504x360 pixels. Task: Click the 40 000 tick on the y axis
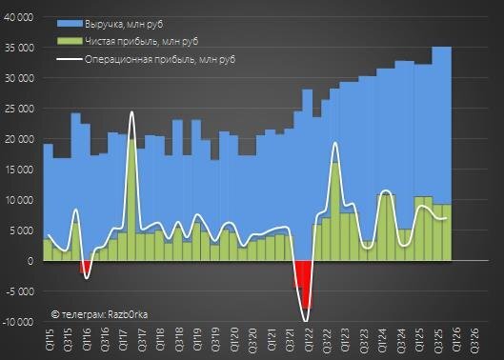tap(19, 17)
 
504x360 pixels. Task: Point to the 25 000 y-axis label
tap(19, 109)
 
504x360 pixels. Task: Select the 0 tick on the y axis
tap(30, 261)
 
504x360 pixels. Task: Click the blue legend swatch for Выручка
tap(70, 24)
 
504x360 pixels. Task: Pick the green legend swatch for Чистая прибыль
tap(70, 41)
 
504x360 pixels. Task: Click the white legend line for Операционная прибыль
tap(70, 59)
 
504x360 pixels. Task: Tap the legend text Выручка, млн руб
tap(124, 25)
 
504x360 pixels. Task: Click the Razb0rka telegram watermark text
tap(100, 314)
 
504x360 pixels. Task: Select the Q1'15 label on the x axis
tap(50, 340)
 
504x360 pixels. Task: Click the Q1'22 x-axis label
tap(308, 340)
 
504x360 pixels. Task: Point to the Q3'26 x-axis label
tap(475, 340)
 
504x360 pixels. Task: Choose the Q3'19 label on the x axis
tap(215, 340)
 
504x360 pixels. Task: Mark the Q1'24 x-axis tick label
tap(382, 340)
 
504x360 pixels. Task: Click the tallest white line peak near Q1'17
tap(131, 111)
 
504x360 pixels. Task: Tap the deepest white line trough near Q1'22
tap(306, 321)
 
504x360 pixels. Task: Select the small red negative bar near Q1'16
tap(85, 267)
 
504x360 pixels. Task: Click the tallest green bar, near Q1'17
tap(131, 200)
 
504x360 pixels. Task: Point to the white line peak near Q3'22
tap(335, 143)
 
